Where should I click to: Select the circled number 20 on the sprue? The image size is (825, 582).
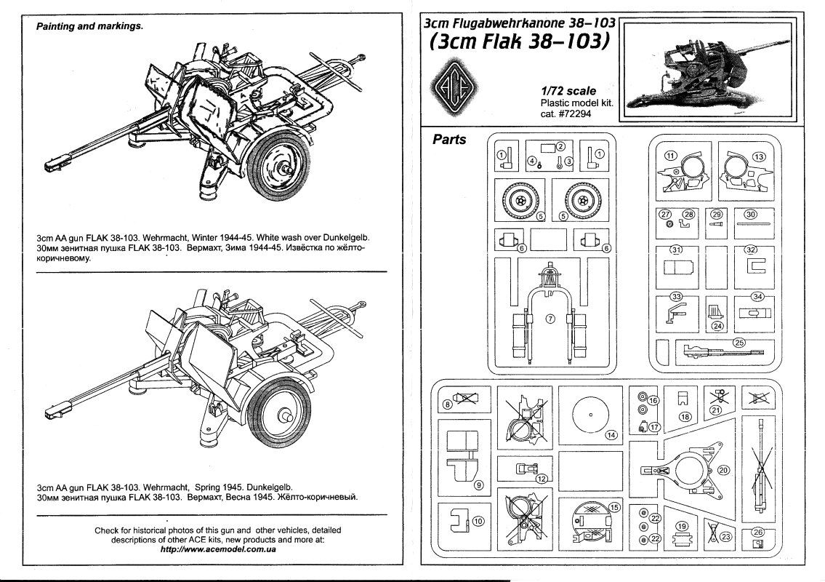tap(723, 470)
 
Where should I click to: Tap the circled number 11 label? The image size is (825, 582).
tap(671, 155)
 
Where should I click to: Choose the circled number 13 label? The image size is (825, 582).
tap(759, 156)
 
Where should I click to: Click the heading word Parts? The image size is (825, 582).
tap(449, 138)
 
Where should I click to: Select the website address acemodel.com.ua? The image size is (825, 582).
tap(218, 550)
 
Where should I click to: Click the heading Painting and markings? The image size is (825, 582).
tap(89, 26)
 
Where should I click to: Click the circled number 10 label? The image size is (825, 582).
tap(477, 520)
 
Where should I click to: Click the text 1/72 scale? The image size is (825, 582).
tap(568, 91)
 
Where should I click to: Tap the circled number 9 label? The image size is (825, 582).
tap(478, 485)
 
